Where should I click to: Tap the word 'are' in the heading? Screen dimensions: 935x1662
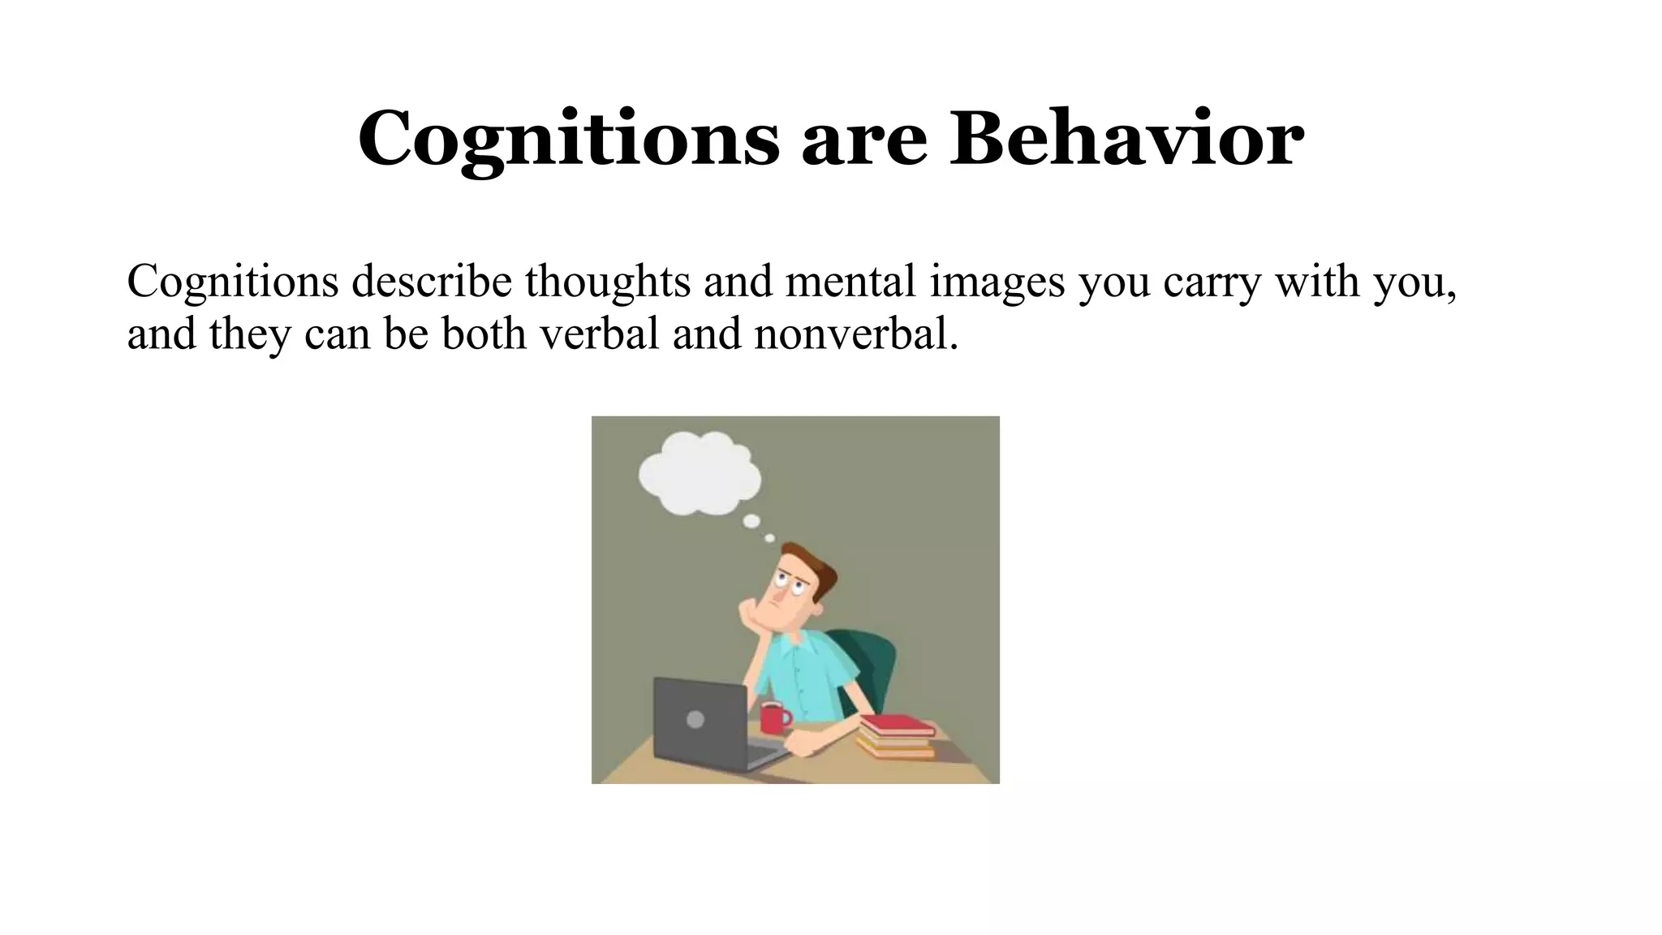click(x=864, y=142)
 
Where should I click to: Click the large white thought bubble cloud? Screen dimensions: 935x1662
click(x=699, y=473)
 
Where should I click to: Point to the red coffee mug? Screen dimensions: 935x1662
click(x=774, y=717)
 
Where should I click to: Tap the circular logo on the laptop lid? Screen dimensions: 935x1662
click(x=695, y=719)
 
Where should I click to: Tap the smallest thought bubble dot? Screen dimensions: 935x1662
click(x=769, y=537)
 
